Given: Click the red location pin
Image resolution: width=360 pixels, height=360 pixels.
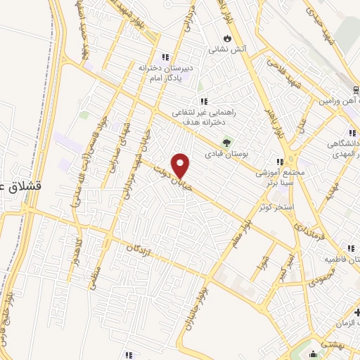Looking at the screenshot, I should pos(181,165).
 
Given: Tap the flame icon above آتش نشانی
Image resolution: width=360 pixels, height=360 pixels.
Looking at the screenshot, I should pos(226,39).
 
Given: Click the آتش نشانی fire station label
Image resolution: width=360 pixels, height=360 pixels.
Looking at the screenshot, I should pos(226,50).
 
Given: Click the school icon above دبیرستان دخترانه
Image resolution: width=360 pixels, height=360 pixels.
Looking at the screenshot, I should pos(165,57).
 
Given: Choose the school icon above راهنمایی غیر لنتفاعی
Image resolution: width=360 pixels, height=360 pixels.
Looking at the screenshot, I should pos(204,102).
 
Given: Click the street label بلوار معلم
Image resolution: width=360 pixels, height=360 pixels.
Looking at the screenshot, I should pos(239,243).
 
